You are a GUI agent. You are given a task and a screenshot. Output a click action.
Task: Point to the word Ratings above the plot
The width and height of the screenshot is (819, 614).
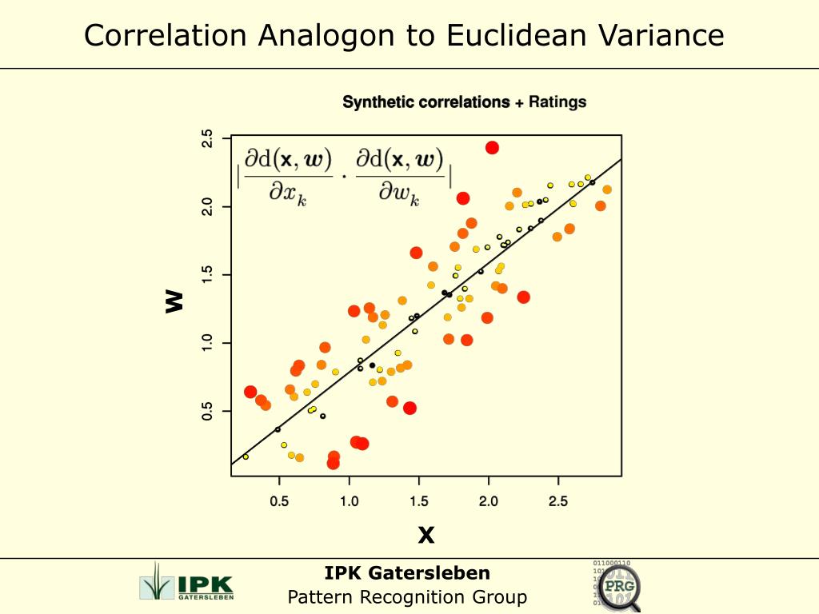click(557, 102)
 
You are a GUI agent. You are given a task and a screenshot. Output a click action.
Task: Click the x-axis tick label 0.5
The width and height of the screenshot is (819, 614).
click(279, 501)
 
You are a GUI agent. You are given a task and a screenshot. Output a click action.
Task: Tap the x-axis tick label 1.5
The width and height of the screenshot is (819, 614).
click(418, 501)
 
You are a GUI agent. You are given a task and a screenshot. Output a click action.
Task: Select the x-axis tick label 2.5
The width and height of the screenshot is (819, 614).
click(558, 501)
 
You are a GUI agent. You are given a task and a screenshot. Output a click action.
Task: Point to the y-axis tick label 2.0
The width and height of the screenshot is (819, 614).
click(207, 207)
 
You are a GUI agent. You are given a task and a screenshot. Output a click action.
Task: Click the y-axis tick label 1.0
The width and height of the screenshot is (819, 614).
click(207, 343)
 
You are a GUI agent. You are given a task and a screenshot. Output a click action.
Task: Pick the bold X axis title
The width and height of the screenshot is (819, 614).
click(426, 535)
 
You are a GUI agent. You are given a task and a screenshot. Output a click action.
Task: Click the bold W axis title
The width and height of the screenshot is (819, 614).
click(174, 301)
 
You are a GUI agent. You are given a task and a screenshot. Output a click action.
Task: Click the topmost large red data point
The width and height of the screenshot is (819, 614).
click(492, 147)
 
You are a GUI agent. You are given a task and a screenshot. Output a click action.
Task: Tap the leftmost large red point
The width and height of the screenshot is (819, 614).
click(250, 392)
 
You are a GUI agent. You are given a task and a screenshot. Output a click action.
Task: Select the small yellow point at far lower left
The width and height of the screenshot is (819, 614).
click(246, 457)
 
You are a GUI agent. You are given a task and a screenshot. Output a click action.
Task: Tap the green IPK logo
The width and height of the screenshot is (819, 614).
click(186, 581)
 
